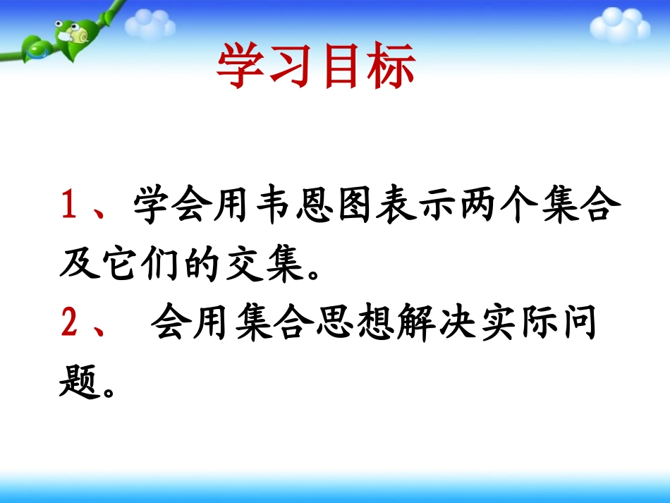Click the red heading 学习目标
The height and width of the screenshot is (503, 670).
pyautogui.click(x=315, y=68)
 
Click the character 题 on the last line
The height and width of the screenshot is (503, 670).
pyautogui.click(x=78, y=381)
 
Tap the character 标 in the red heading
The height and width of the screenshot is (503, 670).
pyautogui.click(x=389, y=68)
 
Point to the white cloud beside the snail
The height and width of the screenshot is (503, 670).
pyautogui.click(x=150, y=25)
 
